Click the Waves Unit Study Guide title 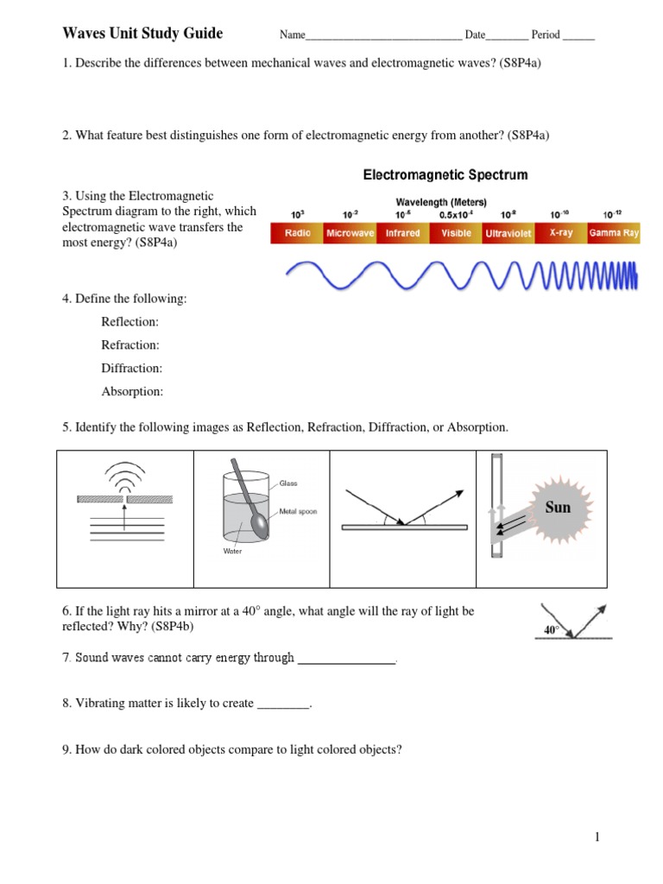pos(142,34)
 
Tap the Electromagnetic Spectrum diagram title pos(445,175)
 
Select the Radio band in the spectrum pos(297,233)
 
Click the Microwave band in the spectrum pos(350,233)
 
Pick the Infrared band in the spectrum pos(402,233)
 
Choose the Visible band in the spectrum pos(456,233)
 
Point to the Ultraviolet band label pos(508,234)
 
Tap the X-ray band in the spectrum pos(561,233)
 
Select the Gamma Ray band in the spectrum pos(614,233)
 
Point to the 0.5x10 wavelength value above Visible pos(457,214)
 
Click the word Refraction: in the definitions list pos(130,345)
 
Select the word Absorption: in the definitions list pos(132,392)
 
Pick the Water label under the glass pos(233,551)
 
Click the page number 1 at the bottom pos(596,837)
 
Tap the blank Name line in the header pos(383,36)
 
